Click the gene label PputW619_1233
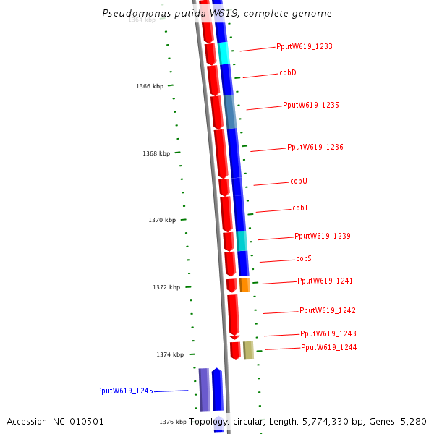(x=305, y=46)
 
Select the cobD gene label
(x=288, y=73)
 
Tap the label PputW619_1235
(x=311, y=106)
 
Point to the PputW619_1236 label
(x=315, y=148)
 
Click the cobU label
(x=299, y=182)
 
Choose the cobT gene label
(x=300, y=208)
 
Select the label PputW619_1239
(x=323, y=237)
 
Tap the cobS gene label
(x=304, y=259)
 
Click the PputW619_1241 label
(x=325, y=281)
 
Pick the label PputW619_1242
(x=328, y=311)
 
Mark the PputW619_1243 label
(x=328, y=334)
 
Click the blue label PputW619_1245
(x=125, y=391)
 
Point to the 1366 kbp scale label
(x=150, y=87)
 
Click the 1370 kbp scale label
(x=162, y=221)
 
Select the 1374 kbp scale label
(x=170, y=355)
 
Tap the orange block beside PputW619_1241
(x=244, y=285)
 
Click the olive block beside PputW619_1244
(x=248, y=350)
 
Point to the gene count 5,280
(x=413, y=422)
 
